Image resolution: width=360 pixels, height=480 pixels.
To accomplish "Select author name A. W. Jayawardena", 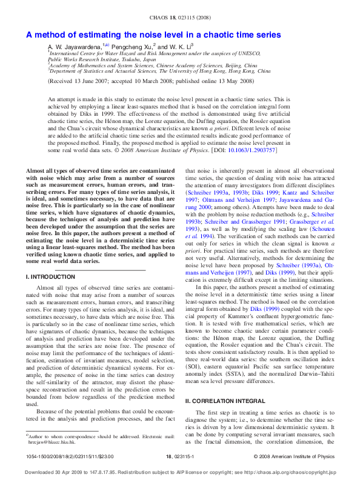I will click(x=75, y=46).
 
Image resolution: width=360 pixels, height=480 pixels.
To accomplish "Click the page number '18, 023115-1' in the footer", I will click(x=179, y=456).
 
